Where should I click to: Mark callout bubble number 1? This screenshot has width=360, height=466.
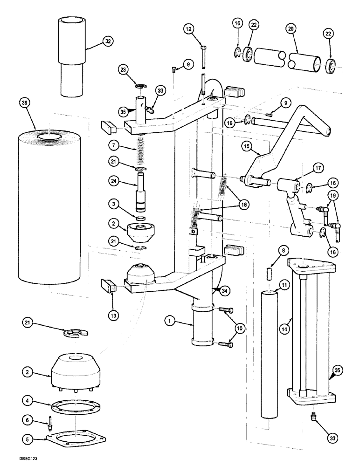click(171, 321)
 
